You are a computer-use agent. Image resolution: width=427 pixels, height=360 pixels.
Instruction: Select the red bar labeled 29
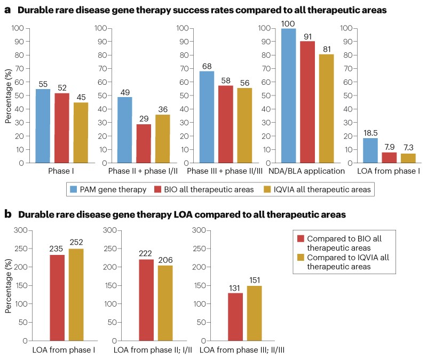144,143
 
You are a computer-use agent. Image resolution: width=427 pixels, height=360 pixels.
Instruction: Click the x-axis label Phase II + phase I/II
144,172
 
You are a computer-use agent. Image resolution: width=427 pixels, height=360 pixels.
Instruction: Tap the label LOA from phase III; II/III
238,350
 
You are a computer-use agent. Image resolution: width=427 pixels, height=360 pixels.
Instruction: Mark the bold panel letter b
8,214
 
